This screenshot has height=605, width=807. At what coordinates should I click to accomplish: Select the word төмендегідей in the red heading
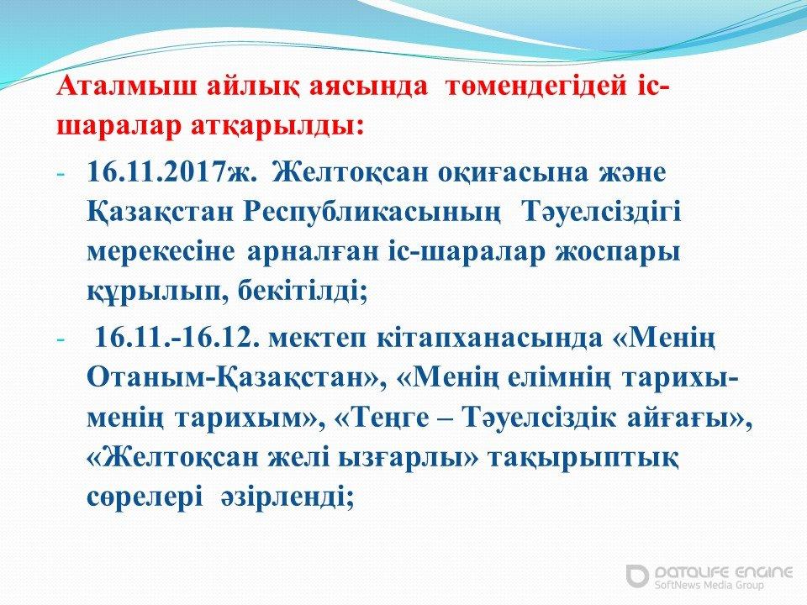point(536,87)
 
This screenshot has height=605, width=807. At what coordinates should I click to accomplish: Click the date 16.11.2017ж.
point(171,172)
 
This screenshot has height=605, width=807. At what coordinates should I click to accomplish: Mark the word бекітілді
point(302,292)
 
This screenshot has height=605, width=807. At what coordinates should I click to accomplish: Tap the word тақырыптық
point(583,459)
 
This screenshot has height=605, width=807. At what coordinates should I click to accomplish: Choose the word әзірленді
point(287,497)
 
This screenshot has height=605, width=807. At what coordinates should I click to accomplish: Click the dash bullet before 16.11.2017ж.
point(61,175)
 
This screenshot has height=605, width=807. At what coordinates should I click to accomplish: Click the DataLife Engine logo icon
point(637,576)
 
